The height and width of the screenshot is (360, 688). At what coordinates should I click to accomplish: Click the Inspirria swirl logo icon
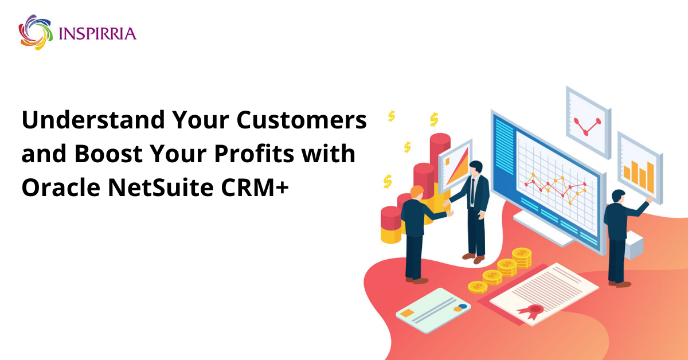(36, 32)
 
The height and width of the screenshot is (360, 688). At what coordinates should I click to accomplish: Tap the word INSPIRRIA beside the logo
(97, 33)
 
